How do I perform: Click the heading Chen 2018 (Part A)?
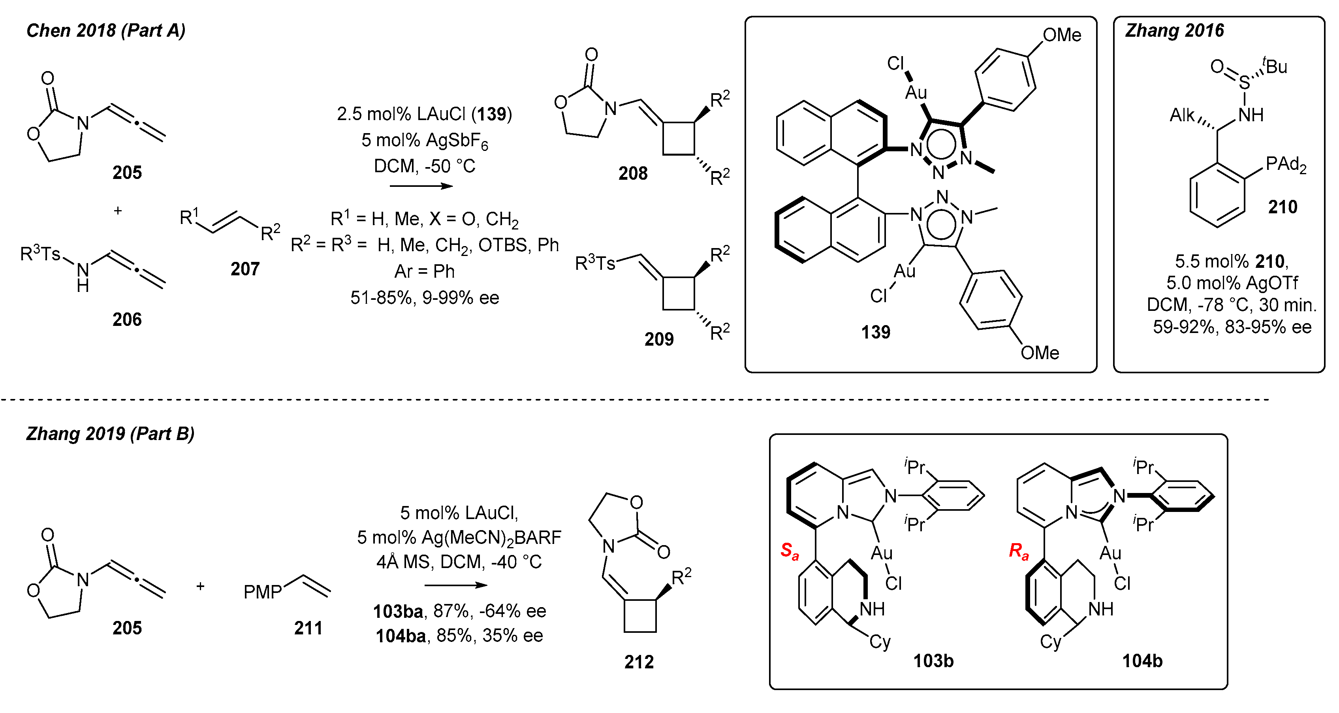105,31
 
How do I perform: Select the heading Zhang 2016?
1174,31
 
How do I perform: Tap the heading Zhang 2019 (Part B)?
110,433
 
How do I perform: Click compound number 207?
245,269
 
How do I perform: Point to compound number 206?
127,319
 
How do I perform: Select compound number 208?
633,173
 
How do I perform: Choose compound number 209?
658,339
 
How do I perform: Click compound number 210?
1283,207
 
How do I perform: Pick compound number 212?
639,662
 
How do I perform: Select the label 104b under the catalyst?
1142,660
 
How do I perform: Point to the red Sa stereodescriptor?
789,551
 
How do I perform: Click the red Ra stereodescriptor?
1018,551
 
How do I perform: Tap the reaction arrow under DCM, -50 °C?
421,186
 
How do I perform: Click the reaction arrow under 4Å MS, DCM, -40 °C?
456,585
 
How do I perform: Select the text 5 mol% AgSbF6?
425,140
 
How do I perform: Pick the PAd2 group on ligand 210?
1285,164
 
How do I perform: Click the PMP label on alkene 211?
263,592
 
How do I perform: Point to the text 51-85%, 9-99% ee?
425,298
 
